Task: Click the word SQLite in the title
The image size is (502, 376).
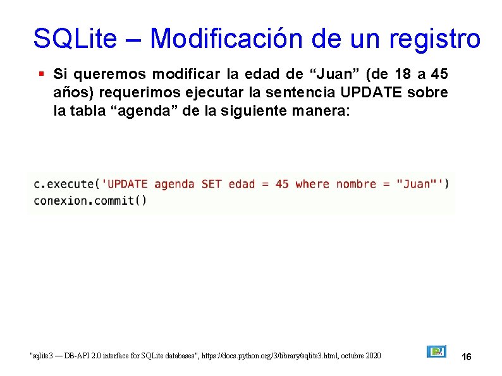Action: pyautogui.click(x=75, y=39)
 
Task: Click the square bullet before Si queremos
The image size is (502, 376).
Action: pyautogui.click(x=40, y=74)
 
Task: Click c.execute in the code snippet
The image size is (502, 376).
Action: pyautogui.click(x=64, y=184)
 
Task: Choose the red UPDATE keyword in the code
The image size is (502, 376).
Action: pyautogui.click(x=128, y=184)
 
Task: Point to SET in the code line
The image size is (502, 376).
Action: pyautogui.click(x=211, y=184)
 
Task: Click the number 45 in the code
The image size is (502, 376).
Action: pyautogui.click(x=282, y=184)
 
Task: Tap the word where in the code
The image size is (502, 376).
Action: pyautogui.click(x=312, y=184)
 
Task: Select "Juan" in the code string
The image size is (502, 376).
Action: pyautogui.click(x=416, y=184)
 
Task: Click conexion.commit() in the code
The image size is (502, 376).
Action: pyautogui.click(x=90, y=201)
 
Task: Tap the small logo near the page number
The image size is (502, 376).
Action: pyautogui.click(x=437, y=351)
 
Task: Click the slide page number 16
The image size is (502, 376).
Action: pyautogui.click(x=467, y=358)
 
